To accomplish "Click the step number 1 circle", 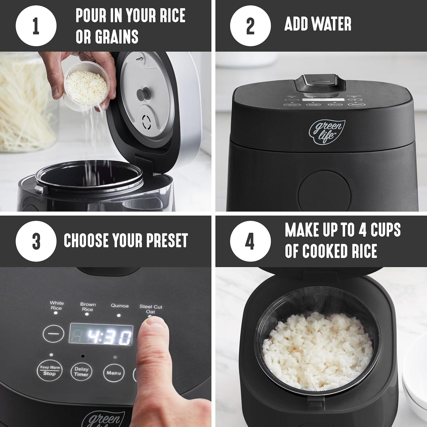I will click(36, 26).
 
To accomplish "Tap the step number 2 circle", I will click(250, 26).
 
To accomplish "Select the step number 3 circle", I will click(36, 241).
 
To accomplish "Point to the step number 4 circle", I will click(250, 241).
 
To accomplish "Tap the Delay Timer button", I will click(81, 371).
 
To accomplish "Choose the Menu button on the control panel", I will click(114, 373).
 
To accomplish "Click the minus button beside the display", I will click(53, 334).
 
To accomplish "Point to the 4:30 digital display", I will click(101, 337).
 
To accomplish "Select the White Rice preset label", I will click(56, 305).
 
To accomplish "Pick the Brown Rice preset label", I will click(88, 307).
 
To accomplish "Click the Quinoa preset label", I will click(120, 306).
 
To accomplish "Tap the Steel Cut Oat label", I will click(151, 309).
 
